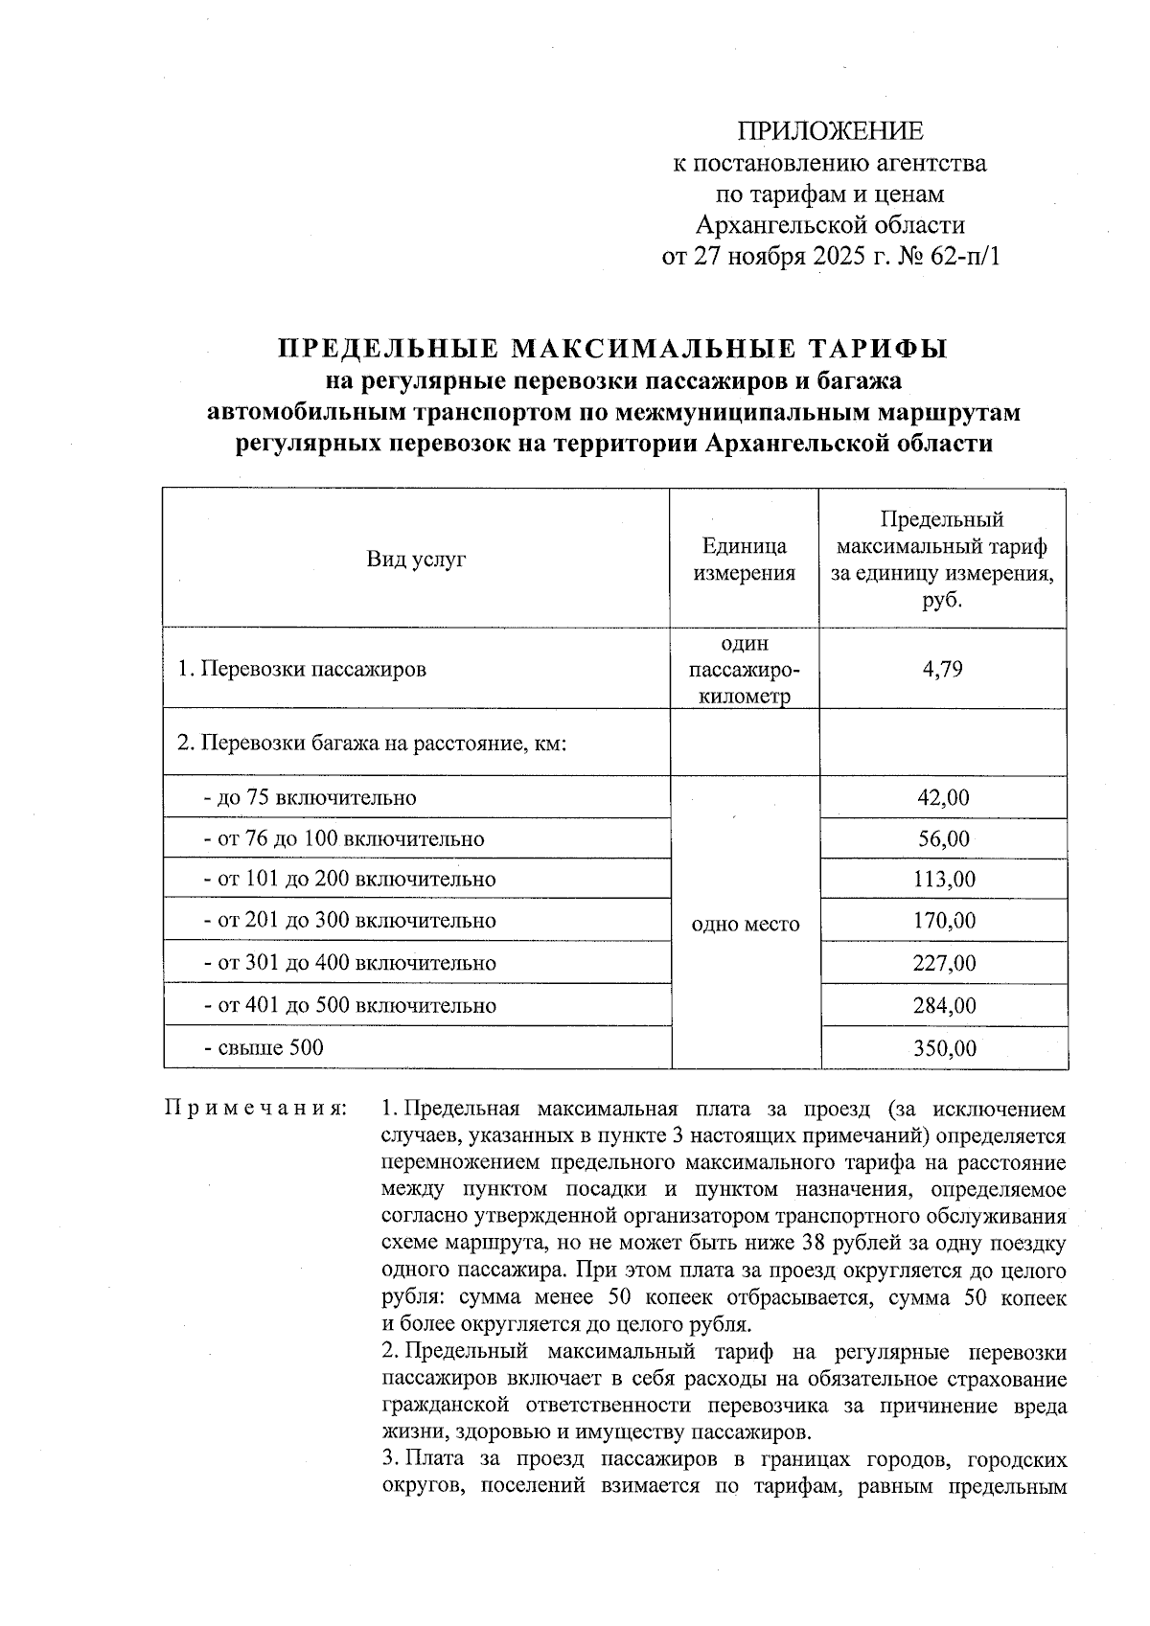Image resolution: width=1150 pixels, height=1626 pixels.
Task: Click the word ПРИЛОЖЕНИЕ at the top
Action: tap(830, 130)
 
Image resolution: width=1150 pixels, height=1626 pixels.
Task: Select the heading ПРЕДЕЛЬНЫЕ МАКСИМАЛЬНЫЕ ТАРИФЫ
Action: tap(612, 348)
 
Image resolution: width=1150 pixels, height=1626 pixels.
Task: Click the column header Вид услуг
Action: tap(416, 559)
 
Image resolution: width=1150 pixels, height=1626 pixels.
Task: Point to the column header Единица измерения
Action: tap(745, 560)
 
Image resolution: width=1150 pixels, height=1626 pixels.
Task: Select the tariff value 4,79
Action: tap(943, 669)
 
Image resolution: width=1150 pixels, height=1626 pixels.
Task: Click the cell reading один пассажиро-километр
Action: tap(745, 669)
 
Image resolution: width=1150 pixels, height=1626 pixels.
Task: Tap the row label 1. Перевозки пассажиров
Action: tap(302, 669)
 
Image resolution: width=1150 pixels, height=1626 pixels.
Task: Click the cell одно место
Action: tap(745, 924)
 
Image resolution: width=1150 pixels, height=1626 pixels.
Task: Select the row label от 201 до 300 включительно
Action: tap(350, 921)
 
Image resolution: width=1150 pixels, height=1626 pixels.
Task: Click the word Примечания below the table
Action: tap(255, 1110)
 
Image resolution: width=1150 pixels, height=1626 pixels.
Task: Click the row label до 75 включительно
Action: tap(310, 797)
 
